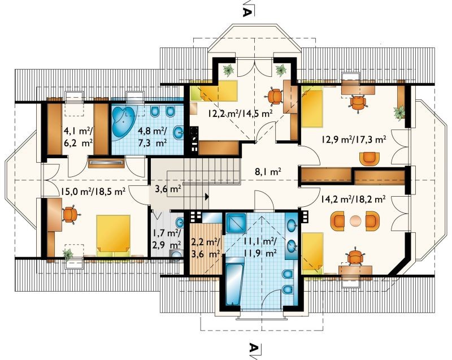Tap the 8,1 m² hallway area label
point(268,172)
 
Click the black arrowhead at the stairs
point(207,197)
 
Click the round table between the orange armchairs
point(355,221)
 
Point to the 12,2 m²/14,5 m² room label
point(240,113)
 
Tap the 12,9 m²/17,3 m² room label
point(354,140)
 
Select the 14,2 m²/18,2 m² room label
point(353,199)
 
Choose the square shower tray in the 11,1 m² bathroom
point(236,223)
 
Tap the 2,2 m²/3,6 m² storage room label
point(206,248)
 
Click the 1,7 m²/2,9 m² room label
point(167,238)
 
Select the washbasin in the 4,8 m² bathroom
point(179,133)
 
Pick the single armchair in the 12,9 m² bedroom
point(370,159)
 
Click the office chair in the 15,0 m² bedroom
point(70,214)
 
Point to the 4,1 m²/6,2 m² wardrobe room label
point(78,137)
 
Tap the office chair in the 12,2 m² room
point(275,96)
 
